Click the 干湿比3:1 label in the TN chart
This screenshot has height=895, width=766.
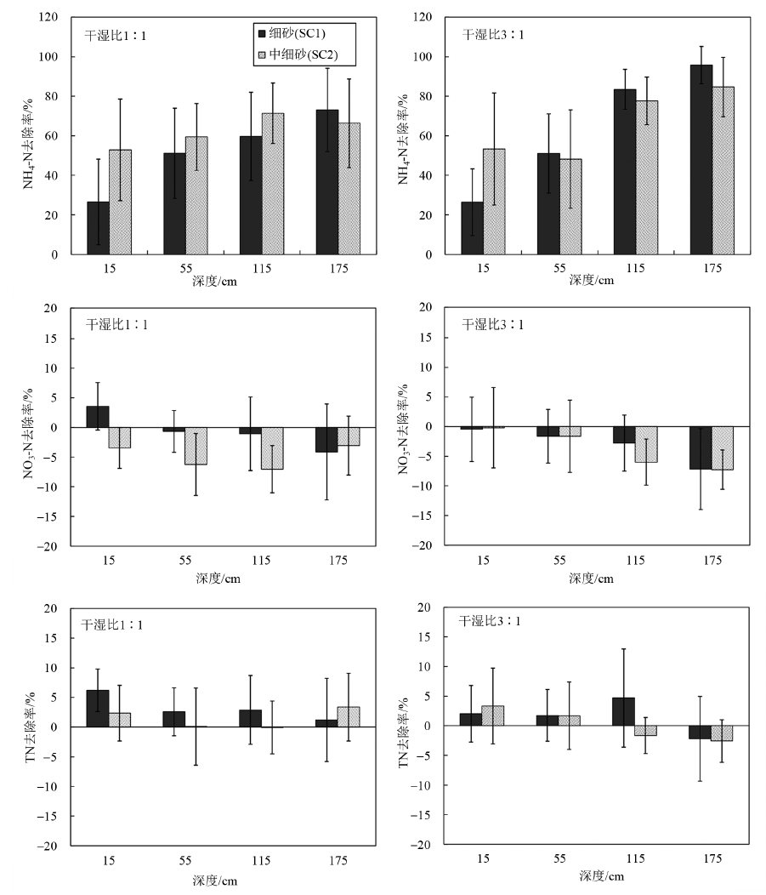490,621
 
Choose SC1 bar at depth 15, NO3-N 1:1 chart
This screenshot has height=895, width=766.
98,417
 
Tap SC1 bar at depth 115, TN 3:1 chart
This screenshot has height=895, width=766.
625,711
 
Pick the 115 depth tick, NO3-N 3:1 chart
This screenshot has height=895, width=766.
636,562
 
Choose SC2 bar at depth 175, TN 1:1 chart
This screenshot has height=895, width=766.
349,717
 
